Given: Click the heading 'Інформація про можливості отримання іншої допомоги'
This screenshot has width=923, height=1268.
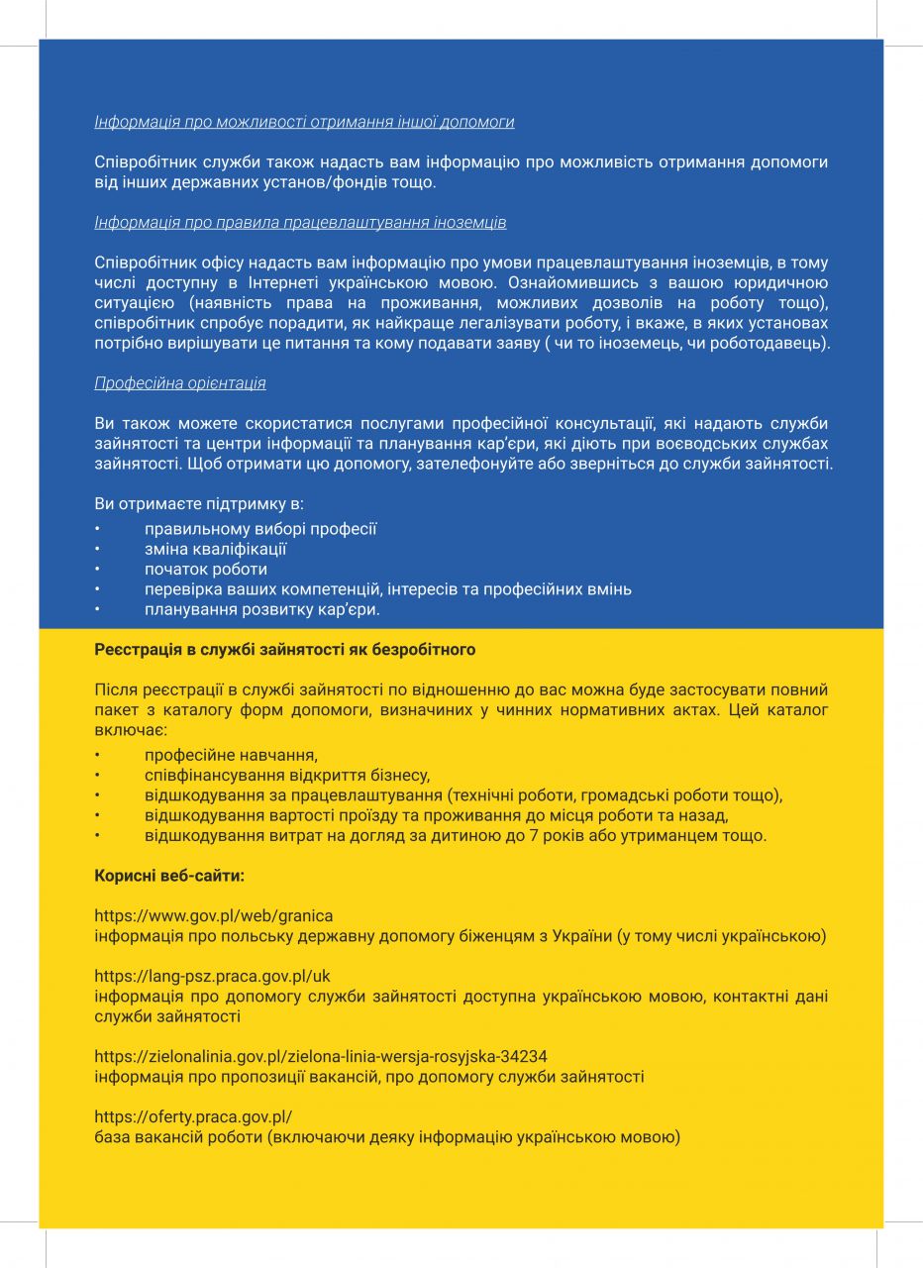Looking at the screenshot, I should click(x=304, y=122).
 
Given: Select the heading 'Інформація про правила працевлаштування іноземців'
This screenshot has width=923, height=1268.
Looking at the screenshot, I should click(x=300, y=222).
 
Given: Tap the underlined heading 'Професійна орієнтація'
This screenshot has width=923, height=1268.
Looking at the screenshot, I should click(x=179, y=382).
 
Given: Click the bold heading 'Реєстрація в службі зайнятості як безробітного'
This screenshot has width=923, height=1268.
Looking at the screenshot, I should click(x=284, y=650).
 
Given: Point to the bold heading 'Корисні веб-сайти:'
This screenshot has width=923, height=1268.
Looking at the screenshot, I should click(x=169, y=876).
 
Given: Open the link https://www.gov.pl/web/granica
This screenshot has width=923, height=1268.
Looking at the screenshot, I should click(x=214, y=915).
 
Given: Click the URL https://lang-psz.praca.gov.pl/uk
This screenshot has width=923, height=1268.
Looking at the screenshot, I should click(x=212, y=976).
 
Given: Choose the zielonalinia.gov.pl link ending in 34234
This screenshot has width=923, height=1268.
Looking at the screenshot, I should click(x=321, y=1056).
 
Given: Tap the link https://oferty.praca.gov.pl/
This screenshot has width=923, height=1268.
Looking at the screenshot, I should click(x=193, y=1116).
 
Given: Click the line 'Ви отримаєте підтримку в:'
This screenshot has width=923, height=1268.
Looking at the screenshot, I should click(x=185, y=503).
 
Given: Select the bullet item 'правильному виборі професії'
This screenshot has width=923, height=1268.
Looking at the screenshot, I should click(x=260, y=529).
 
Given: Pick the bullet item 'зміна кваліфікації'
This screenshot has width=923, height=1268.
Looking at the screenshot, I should click(x=215, y=549).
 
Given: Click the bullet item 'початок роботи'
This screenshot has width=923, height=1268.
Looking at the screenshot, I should click(x=206, y=569).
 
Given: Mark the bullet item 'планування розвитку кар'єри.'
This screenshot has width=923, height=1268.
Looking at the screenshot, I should click(x=261, y=609).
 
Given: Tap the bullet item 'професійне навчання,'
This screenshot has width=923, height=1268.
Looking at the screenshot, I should click(x=231, y=755).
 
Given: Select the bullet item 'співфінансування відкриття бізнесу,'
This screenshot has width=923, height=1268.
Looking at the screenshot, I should click(x=286, y=775).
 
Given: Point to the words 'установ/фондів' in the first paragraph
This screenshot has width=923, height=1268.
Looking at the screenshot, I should click(x=322, y=182).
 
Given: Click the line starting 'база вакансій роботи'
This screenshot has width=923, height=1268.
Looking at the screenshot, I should click(x=387, y=1136).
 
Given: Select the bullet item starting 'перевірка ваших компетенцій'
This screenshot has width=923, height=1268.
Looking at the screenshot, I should click(x=387, y=589).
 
